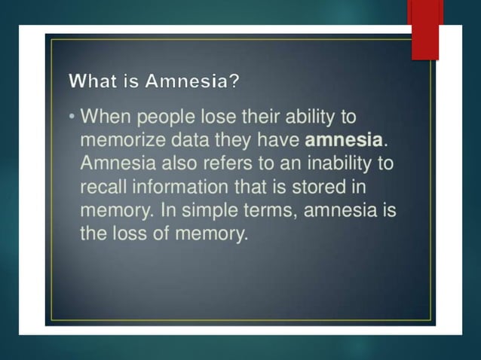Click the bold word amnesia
[344, 140]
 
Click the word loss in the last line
[130, 233]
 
